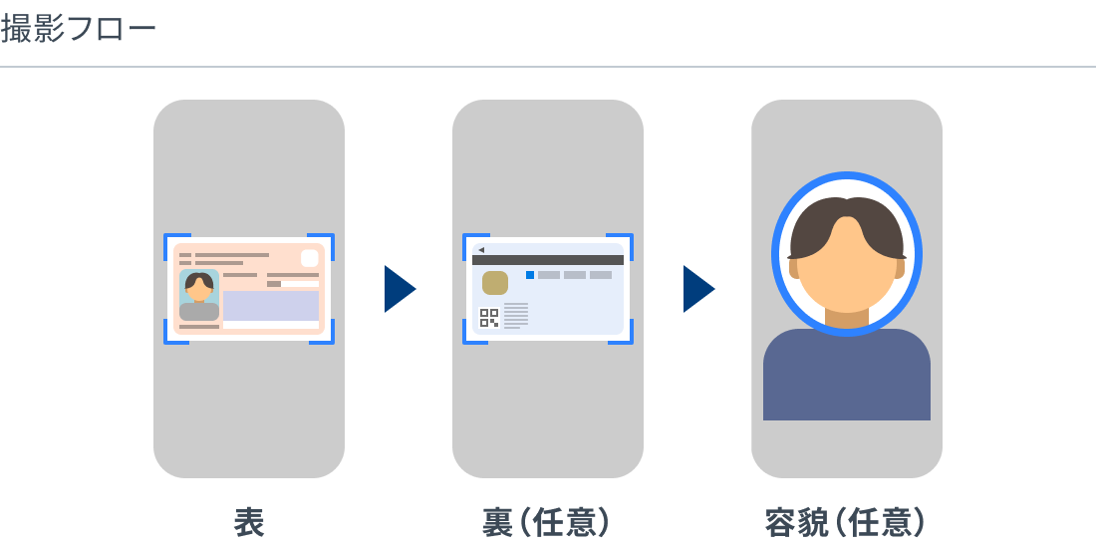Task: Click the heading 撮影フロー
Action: [78, 29]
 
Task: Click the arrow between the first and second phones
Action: [400, 289]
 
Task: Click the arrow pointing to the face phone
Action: [698, 289]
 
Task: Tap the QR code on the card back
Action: [489, 318]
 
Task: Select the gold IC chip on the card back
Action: [495, 282]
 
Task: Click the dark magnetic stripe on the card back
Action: [548, 260]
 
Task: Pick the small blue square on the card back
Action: [530, 275]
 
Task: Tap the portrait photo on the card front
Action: [199, 294]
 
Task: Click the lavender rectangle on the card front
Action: [271, 306]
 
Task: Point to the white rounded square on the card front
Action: [310, 258]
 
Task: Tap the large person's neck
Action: [847, 318]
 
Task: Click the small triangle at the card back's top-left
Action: [481, 249]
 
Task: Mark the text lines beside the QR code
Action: [516, 315]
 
